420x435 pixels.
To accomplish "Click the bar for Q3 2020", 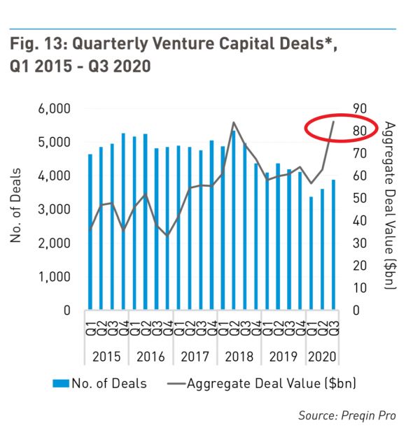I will click(334, 245).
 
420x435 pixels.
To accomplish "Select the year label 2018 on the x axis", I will click(238, 357).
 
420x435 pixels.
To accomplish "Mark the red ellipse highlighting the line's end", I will click(342, 129).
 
